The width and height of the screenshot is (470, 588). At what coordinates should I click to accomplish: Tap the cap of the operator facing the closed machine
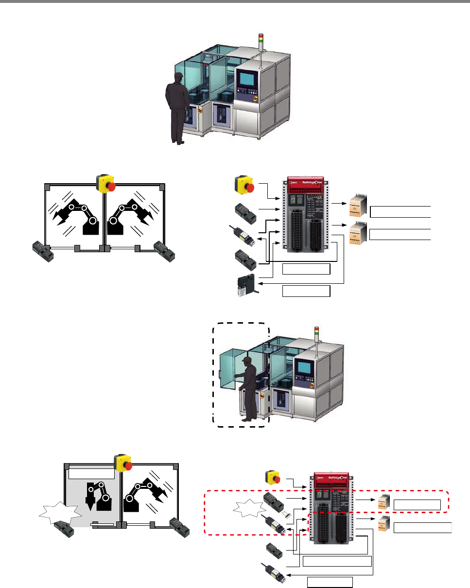point(177,76)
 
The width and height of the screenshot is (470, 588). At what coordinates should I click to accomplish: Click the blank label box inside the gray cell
point(91,472)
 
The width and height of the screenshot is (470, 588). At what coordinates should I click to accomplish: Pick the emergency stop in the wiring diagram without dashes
point(244,184)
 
